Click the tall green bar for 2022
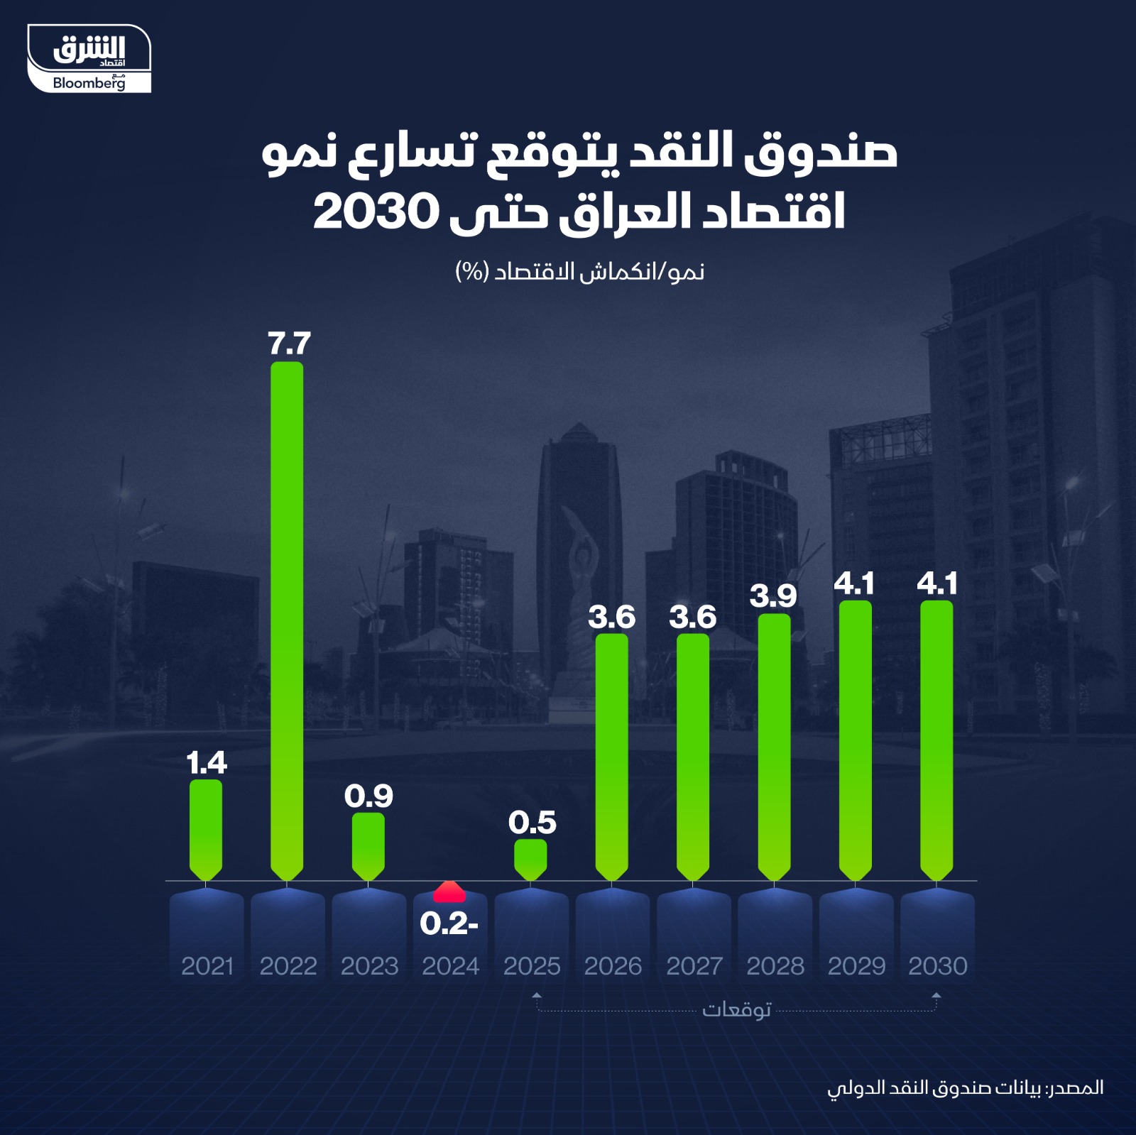(x=287, y=621)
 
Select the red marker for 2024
(x=449, y=892)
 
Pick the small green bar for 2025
(x=530, y=859)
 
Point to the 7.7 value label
(x=289, y=344)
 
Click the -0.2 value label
(x=449, y=923)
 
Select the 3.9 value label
(x=773, y=596)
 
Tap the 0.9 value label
(x=368, y=796)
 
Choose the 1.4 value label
(x=206, y=763)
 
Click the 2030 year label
(x=937, y=966)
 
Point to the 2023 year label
(x=369, y=966)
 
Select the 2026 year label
(x=613, y=966)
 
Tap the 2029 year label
(x=856, y=966)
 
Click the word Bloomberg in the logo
(x=89, y=83)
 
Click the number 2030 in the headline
(x=375, y=212)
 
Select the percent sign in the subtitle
(x=470, y=271)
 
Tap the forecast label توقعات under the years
(x=736, y=1009)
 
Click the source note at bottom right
(x=965, y=1087)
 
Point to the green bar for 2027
(x=693, y=757)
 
